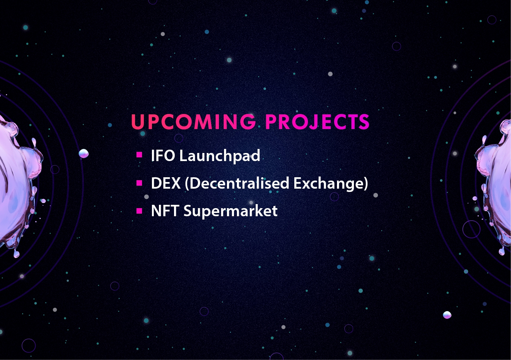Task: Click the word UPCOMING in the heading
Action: [194, 122]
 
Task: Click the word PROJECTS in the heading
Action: [317, 122]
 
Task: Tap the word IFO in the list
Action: [163, 156]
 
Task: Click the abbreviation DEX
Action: [166, 183]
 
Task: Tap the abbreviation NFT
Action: [165, 211]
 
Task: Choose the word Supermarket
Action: [231, 211]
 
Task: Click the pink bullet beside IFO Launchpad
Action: [139, 155]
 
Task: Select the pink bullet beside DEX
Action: [139, 183]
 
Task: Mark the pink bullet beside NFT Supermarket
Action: [139, 211]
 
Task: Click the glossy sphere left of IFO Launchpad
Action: [84, 153]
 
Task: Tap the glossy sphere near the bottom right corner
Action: [447, 315]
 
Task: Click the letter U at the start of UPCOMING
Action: [138, 122]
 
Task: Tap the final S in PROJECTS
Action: [363, 122]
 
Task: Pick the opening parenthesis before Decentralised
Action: [187, 183]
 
